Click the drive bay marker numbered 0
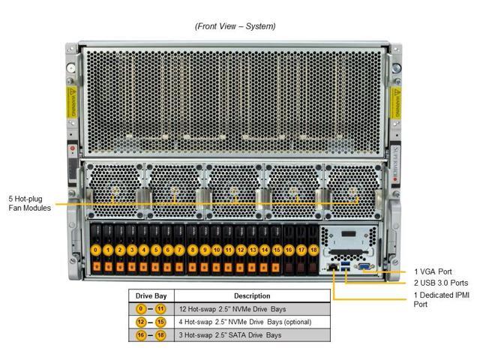(x=96, y=249)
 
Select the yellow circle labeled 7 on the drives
(x=180, y=249)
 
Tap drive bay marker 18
(x=313, y=249)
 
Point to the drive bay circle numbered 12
(x=241, y=249)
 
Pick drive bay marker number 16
(x=289, y=249)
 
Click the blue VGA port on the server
(x=362, y=266)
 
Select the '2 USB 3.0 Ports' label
(x=441, y=283)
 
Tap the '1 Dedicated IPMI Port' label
(x=442, y=300)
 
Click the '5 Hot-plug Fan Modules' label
(x=25, y=203)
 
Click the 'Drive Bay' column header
(x=150, y=296)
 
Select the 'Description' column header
(x=252, y=296)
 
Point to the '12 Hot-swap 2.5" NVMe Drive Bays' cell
(x=232, y=309)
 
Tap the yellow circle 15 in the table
(x=160, y=322)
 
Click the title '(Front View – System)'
(x=235, y=26)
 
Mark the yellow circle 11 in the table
(x=160, y=309)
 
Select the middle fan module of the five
(x=234, y=192)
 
